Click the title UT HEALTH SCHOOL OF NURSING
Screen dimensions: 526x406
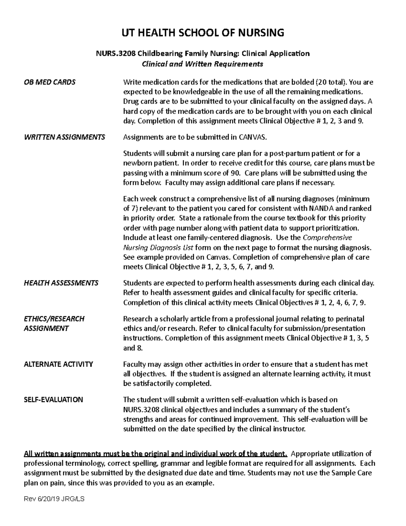coord(203,33)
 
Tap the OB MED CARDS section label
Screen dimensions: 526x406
coord(49,82)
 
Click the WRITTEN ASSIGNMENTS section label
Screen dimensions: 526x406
coord(64,137)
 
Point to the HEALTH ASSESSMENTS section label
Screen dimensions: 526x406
coord(61,283)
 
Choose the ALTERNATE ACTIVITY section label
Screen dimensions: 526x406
coord(58,364)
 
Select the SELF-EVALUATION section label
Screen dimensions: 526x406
coord(53,400)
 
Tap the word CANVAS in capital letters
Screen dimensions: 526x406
coord(253,137)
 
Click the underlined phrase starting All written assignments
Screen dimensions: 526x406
coord(156,454)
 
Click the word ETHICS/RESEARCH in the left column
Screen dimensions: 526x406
coord(54,319)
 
